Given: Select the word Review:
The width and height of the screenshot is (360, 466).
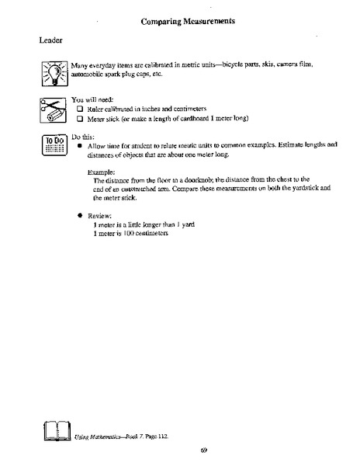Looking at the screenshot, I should [102, 214].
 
